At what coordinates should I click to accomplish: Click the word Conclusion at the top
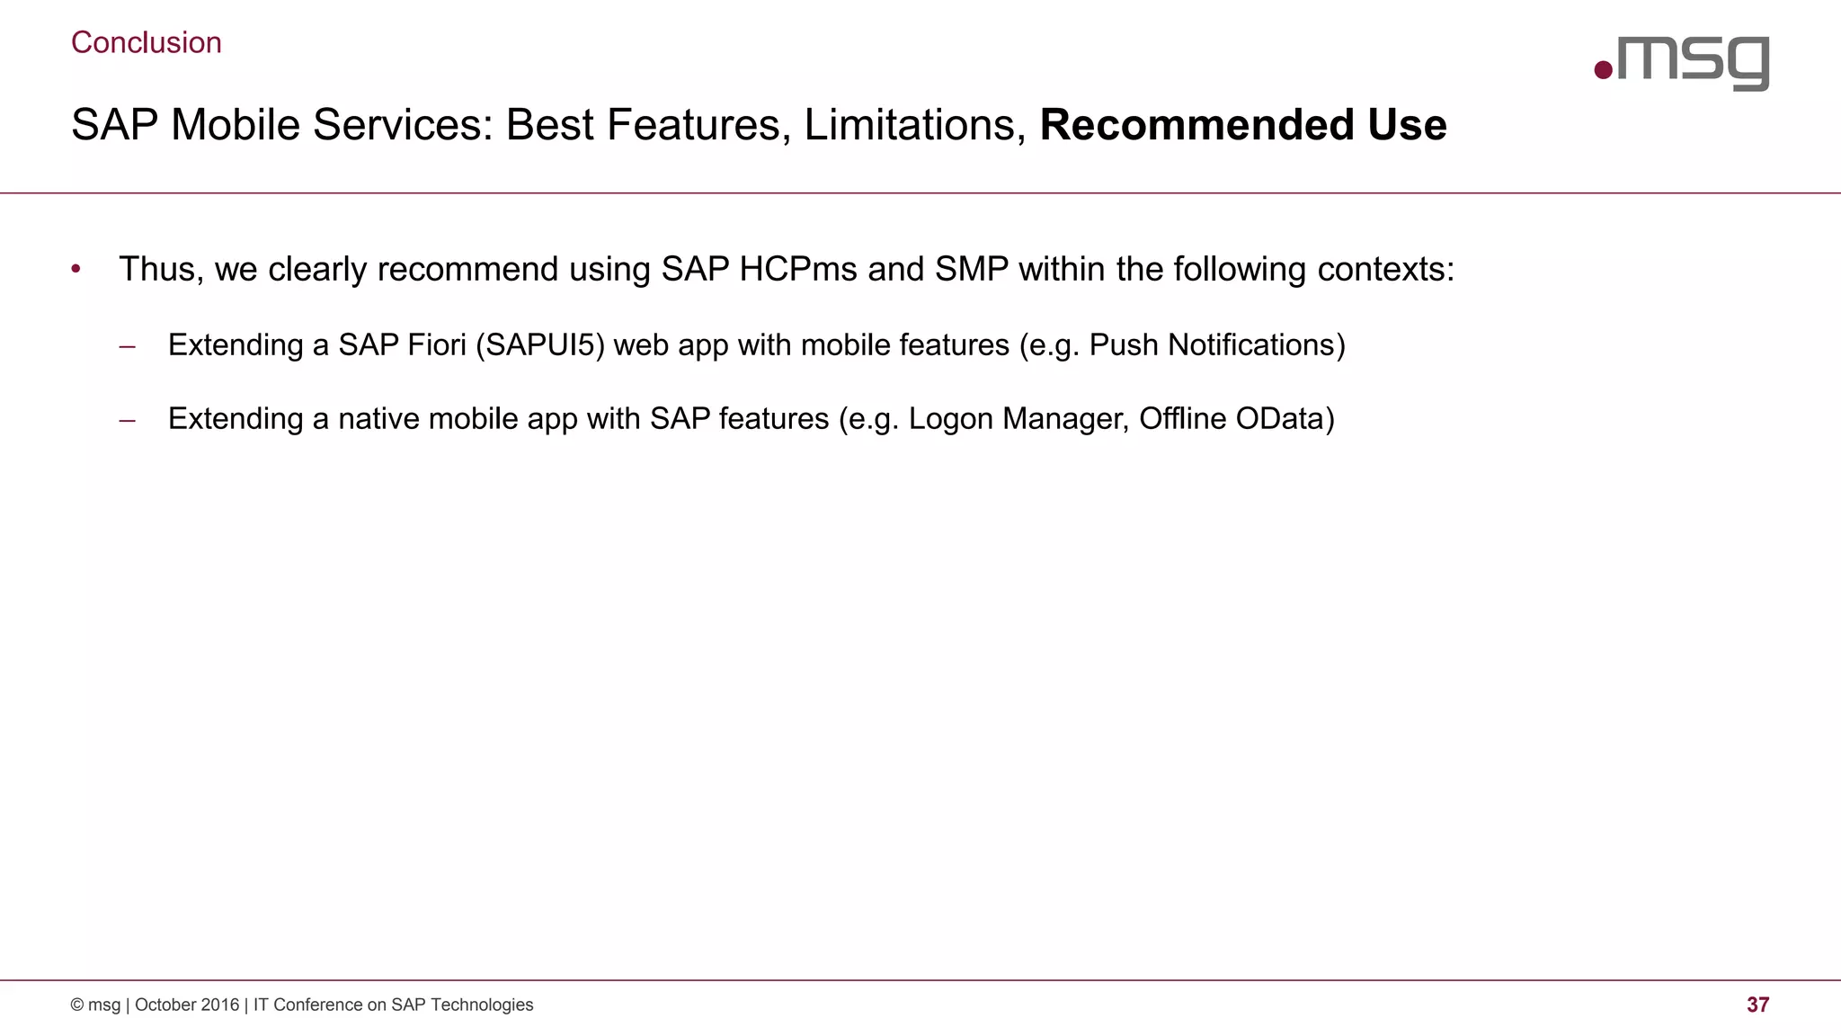point(146,42)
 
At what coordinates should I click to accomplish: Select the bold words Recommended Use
point(1242,125)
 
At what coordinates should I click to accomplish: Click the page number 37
point(1757,1005)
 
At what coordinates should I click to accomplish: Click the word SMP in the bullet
point(971,269)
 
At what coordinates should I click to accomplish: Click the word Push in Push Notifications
point(1124,344)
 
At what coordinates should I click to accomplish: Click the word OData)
point(1285,419)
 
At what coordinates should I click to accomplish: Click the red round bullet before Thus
point(76,269)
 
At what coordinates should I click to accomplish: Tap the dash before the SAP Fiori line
point(127,345)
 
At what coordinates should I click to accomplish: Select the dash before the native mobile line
point(127,419)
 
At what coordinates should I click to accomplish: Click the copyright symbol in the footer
point(77,1005)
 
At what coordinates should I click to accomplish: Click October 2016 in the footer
point(187,1005)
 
